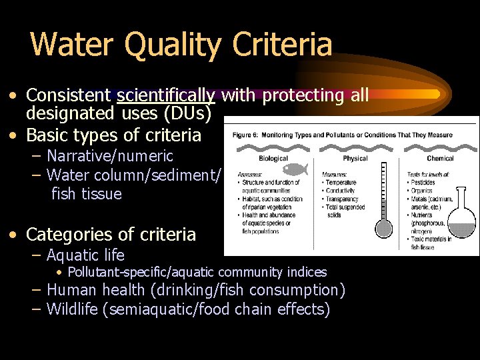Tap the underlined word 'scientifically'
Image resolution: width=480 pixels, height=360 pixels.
[166, 96]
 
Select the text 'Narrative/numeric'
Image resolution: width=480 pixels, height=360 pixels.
[110, 157]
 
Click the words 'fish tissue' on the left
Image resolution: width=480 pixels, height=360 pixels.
[87, 194]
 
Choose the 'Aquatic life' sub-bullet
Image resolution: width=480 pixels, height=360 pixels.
[85, 255]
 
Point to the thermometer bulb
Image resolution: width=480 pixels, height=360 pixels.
[383, 228]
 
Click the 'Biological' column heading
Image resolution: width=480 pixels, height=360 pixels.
[273, 159]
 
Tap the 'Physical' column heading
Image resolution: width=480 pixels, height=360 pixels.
[355, 159]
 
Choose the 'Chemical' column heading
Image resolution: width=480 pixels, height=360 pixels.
[440, 159]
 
